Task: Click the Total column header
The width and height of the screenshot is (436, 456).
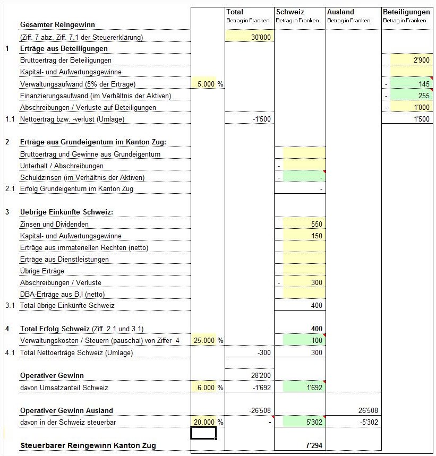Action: [x=235, y=12]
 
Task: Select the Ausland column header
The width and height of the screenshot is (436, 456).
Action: [x=340, y=12]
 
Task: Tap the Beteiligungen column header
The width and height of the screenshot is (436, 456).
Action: [x=406, y=12]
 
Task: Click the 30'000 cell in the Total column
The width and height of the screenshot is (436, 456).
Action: [x=261, y=37]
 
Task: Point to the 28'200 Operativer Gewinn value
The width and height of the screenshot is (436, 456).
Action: [x=261, y=375]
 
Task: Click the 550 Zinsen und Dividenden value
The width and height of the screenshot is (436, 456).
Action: [x=316, y=224]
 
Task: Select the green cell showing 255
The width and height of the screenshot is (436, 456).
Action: [x=423, y=96]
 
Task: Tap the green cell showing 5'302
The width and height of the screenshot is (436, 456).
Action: [x=311, y=422]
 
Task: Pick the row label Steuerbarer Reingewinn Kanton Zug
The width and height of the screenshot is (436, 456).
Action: [x=88, y=445]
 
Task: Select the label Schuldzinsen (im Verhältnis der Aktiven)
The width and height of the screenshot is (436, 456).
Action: [x=82, y=177]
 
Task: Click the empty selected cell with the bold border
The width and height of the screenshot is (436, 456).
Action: [x=203, y=434]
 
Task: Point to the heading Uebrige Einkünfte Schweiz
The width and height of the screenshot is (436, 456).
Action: [x=67, y=212]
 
